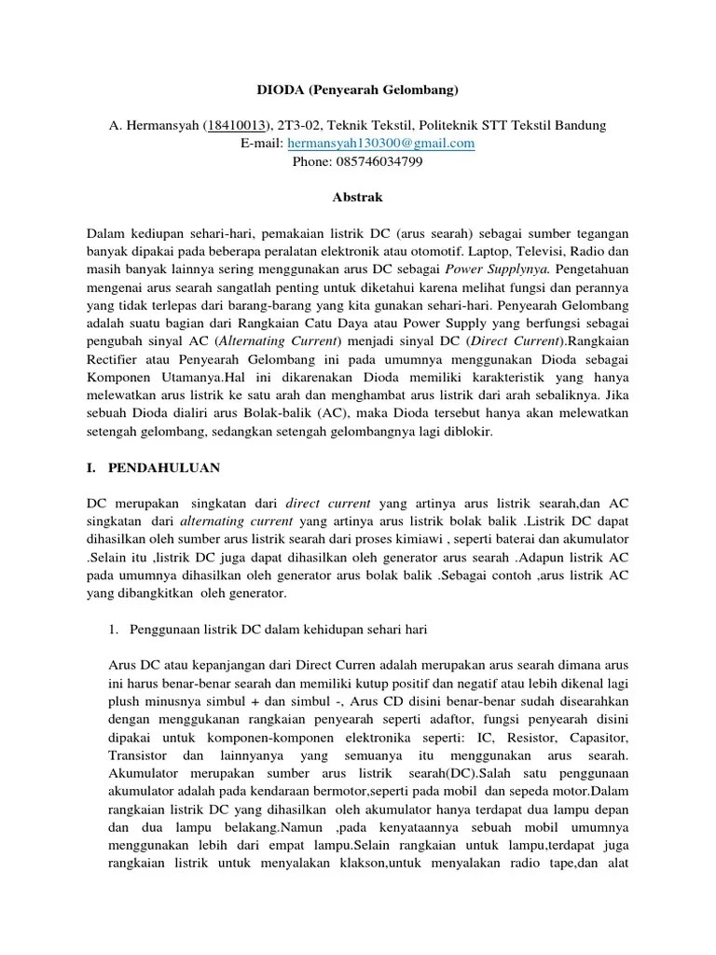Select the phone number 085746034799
(379, 161)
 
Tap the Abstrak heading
(358, 198)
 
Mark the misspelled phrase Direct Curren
(338, 665)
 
